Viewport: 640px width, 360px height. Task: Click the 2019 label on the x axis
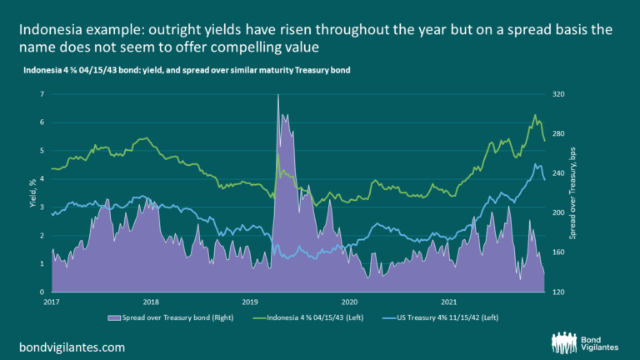coord(251,300)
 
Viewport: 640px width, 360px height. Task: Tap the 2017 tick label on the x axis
coord(52,300)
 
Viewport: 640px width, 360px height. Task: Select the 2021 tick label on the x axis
coord(449,300)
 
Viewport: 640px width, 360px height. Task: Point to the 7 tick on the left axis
coord(42,95)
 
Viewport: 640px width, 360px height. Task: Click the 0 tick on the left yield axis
coord(42,292)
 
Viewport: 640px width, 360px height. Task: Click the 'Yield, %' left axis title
coord(32,193)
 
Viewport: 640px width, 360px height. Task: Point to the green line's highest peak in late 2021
coord(535,115)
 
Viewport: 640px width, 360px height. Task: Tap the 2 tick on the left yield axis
coord(42,236)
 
